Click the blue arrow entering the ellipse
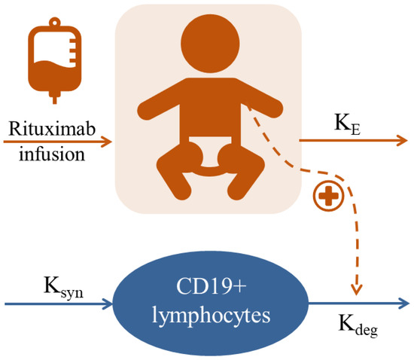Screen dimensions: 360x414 click(60, 304)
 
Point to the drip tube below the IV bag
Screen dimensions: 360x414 click(53, 93)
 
